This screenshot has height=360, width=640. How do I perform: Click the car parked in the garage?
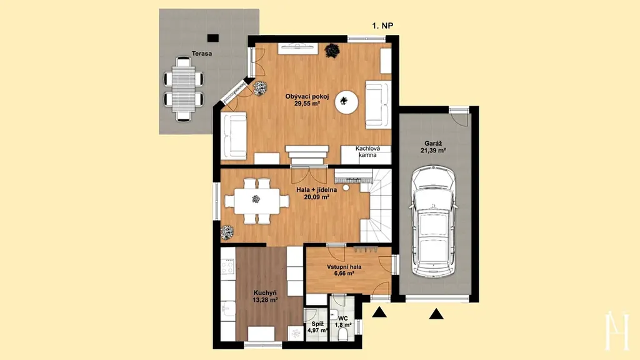[434, 221]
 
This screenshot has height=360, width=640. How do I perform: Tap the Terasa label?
[202, 53]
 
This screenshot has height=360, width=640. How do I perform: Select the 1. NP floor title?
[382, 26]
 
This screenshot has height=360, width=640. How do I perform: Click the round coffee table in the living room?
[346, 101]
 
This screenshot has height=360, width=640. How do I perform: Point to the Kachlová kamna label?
[367, 152]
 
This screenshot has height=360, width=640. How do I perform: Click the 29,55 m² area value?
[307, 104]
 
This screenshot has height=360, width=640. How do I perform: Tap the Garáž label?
[433, 144]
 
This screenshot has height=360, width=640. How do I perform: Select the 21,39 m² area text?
[433, 151]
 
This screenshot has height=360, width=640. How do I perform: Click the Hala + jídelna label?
[316, 190]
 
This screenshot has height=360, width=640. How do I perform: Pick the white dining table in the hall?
[257, 201]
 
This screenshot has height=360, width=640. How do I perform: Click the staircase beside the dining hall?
[376, 206]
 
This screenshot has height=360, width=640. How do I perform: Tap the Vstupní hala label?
[344, 267]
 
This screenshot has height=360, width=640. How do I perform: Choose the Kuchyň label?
[265, 292]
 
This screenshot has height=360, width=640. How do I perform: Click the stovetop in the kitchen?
[227, 267]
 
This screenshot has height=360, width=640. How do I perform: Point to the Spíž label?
[317, 324]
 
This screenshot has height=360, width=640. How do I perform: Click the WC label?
[343, 318]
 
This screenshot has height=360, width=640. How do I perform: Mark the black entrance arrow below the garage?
[436, 314]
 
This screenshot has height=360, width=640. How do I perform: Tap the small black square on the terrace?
[212, 38]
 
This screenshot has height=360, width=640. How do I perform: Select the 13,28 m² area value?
[265, 300]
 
